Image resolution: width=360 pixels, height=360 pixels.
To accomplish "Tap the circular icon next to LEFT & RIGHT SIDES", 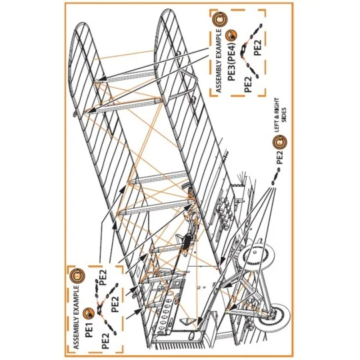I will pyautogui.click(x=280, y=141).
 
